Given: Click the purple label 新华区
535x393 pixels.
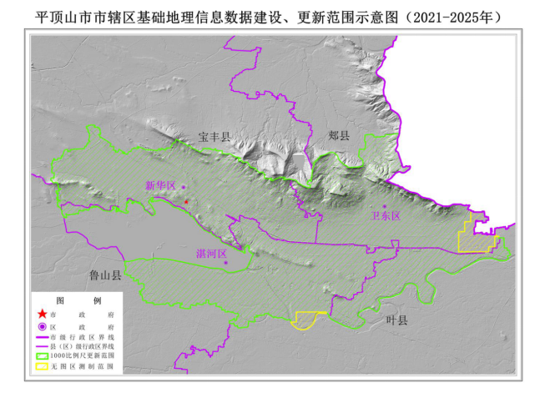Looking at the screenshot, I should coord(160,185).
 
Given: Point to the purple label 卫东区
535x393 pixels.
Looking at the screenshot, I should coord(386,216).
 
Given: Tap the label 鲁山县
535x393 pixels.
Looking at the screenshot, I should coord(106,275).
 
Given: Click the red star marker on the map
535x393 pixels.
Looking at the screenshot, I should coord(187,202).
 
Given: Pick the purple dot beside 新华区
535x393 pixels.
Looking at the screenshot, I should coord(183,188).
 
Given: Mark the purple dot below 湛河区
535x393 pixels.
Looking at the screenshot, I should coord(225,263).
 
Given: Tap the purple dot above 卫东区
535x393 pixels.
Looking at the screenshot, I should coord(385,206).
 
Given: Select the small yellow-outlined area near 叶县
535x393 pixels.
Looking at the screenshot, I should coord(308,320).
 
